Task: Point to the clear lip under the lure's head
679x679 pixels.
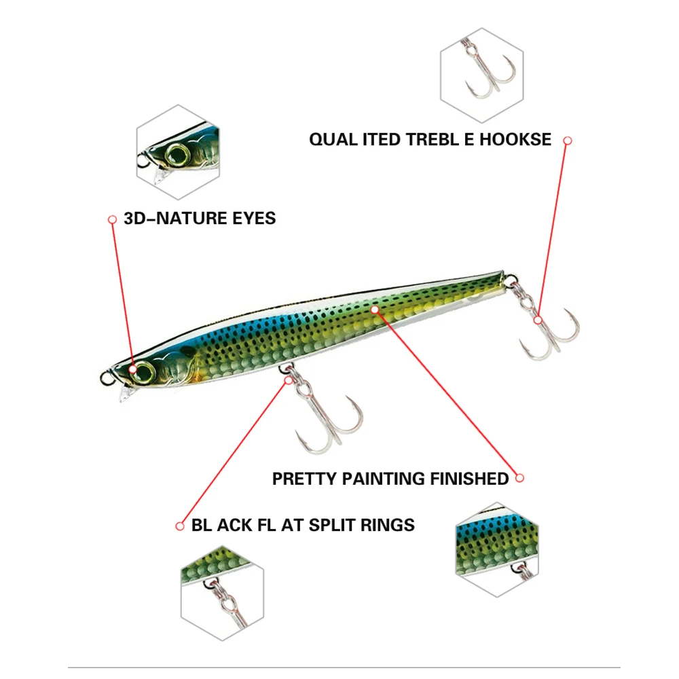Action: tap(126, 394)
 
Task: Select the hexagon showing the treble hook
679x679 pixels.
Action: tap(481, 71)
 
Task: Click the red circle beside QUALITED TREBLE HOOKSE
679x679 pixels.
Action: tap(568, 141)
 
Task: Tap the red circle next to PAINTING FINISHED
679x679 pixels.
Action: tap(520, 478)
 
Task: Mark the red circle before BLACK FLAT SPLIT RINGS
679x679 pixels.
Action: tap(180, 526)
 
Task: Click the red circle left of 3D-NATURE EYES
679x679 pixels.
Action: tap(112, 219)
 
